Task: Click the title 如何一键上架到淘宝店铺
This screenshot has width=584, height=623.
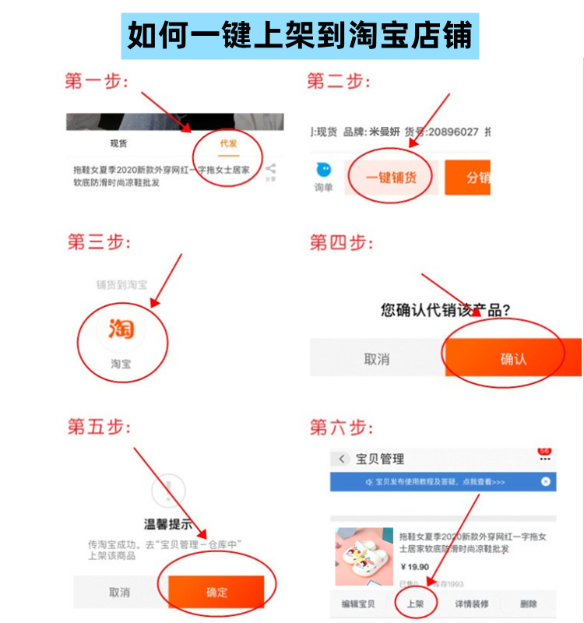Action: (300, 35)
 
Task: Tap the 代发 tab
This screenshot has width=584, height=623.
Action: (228, 143)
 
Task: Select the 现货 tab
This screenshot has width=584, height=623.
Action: (118, 143)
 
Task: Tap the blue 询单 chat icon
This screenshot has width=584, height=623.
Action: (323, 171)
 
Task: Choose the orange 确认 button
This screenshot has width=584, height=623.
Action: (513, 359)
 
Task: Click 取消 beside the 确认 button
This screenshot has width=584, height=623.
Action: (377, 359)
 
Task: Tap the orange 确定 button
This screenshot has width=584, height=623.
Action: (216, 592)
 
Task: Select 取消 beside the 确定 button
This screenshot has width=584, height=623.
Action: (119, 592)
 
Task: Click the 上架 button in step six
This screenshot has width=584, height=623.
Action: (414, 604)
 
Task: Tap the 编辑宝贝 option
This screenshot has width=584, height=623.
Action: (358, 604)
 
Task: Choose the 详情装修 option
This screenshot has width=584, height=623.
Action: (471, 604)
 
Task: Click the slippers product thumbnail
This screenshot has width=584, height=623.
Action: (364, 556)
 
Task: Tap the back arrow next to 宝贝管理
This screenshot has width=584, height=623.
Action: (342, 459)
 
